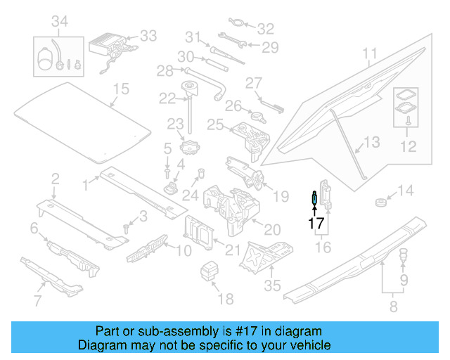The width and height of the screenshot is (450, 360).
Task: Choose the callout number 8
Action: [x=392, y=306]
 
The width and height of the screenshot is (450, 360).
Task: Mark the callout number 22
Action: [x=167, y=98]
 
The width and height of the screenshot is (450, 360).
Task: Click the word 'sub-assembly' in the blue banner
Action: [x=175, y=331]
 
